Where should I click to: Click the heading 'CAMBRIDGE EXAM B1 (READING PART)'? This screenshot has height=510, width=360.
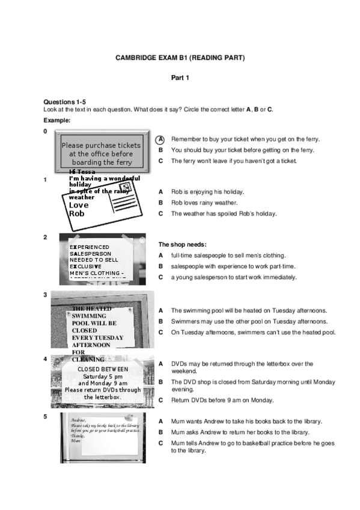coord(180,58)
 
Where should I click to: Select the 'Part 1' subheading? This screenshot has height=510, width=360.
coord(180,78)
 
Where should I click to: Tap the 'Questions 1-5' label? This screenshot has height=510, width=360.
coord(64,102)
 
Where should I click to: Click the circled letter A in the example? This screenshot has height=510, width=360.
coord(161,139)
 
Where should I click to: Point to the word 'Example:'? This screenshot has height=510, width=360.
coord(57,120)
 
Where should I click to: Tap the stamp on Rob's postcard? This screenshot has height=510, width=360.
coord(126,188)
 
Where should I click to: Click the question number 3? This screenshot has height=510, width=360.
coord(46,295)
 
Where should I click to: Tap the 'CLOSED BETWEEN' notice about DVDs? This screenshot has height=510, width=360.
coord(103,382)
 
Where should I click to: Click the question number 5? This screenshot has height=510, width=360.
coord(46,416)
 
